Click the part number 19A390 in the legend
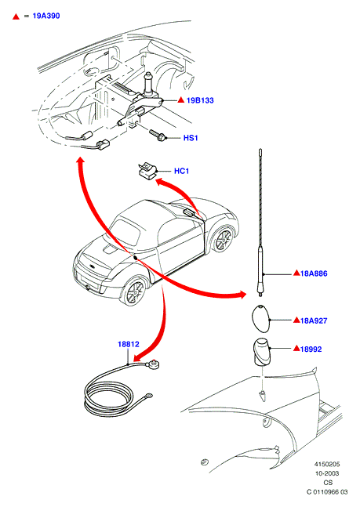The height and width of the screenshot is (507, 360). point(46,16)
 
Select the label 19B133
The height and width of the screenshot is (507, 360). point(200,100)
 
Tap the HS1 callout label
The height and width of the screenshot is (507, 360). point(191,138)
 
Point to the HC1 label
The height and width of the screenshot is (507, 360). point(182,171)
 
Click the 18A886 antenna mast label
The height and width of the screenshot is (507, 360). point(314,273)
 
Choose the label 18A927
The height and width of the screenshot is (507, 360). point(314,320)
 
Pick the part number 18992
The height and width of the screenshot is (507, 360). point(311,349)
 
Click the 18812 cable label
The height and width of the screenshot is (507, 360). point(129,344)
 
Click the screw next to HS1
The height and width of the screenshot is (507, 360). point(158,135)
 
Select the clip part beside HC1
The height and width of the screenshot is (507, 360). point(147,171)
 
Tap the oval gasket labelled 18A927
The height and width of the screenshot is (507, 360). point(261,318)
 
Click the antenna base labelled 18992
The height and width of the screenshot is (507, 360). point(261,352)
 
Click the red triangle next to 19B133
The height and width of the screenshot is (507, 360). point(181,100)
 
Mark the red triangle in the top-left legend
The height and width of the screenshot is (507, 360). point(16,16)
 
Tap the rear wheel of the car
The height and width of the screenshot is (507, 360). point(223,240)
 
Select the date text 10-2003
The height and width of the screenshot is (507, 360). point(327,473)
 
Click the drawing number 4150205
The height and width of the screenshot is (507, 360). point(327,465)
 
